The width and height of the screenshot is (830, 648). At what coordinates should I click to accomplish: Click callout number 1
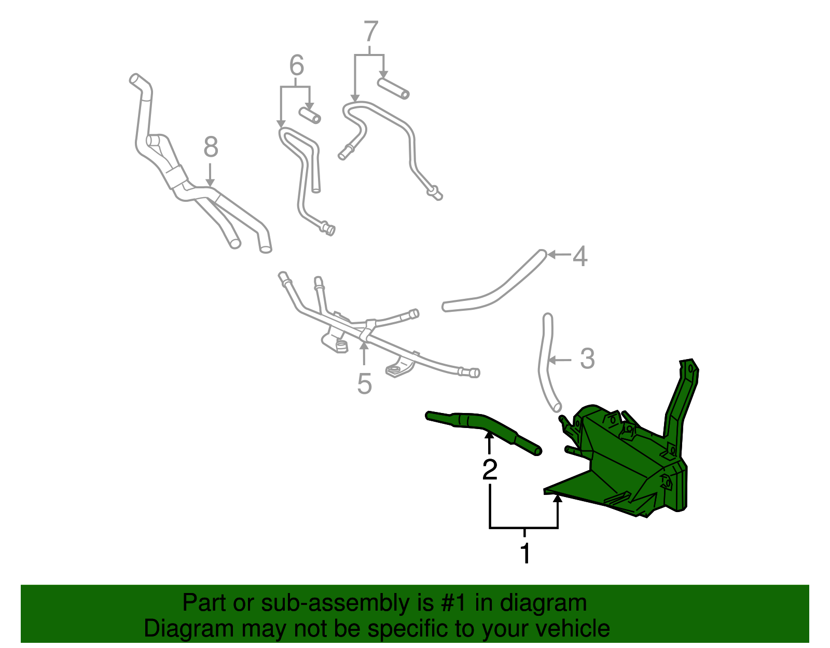click(x=525, y=554)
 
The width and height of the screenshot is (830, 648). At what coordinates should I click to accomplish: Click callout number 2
click(x=490, y=470)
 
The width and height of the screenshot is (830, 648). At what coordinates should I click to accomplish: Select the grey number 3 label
click(x=587, y=359)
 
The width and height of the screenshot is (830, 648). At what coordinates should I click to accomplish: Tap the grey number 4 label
click(x=580, y=256)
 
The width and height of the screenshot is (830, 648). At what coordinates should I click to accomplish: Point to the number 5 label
click(x=364, y=384)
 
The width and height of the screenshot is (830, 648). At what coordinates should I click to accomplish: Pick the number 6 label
click(x=296, y=66)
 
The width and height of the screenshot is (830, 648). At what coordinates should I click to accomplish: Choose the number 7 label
click(x=371, y=32)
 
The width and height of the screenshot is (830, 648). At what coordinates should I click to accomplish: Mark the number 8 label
click(x=211, y=147)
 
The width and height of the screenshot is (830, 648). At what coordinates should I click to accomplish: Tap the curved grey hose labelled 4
click(x=498, y=291)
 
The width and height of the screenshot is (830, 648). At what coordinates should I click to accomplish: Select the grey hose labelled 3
click(x=545, y=363)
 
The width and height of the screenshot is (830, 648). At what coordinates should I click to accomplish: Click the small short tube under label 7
click(x=393, y=88)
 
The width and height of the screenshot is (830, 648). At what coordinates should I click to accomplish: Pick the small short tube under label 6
click(x=310, y=115)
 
